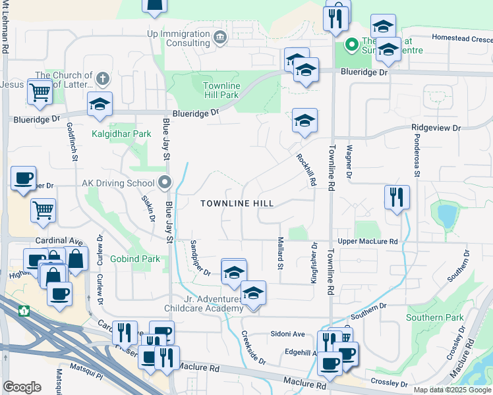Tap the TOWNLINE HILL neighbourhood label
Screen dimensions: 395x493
point(237,203)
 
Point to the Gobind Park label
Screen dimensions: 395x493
point(135,259)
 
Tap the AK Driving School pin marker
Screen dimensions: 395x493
point(165,182)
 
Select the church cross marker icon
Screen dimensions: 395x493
point(101,79)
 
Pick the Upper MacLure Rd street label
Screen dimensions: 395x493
point(368,242)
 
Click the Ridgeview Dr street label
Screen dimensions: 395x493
point(435,127)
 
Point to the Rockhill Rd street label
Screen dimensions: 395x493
point(306,171)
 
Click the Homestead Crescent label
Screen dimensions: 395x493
point(461,38)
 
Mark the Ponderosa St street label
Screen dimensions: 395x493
point(415,158)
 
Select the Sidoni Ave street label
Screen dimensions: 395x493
point(287,334)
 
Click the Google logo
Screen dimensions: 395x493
point(22,387)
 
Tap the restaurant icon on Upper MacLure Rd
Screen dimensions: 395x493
point(397,197)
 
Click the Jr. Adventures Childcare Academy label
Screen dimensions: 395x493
point(204,303)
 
